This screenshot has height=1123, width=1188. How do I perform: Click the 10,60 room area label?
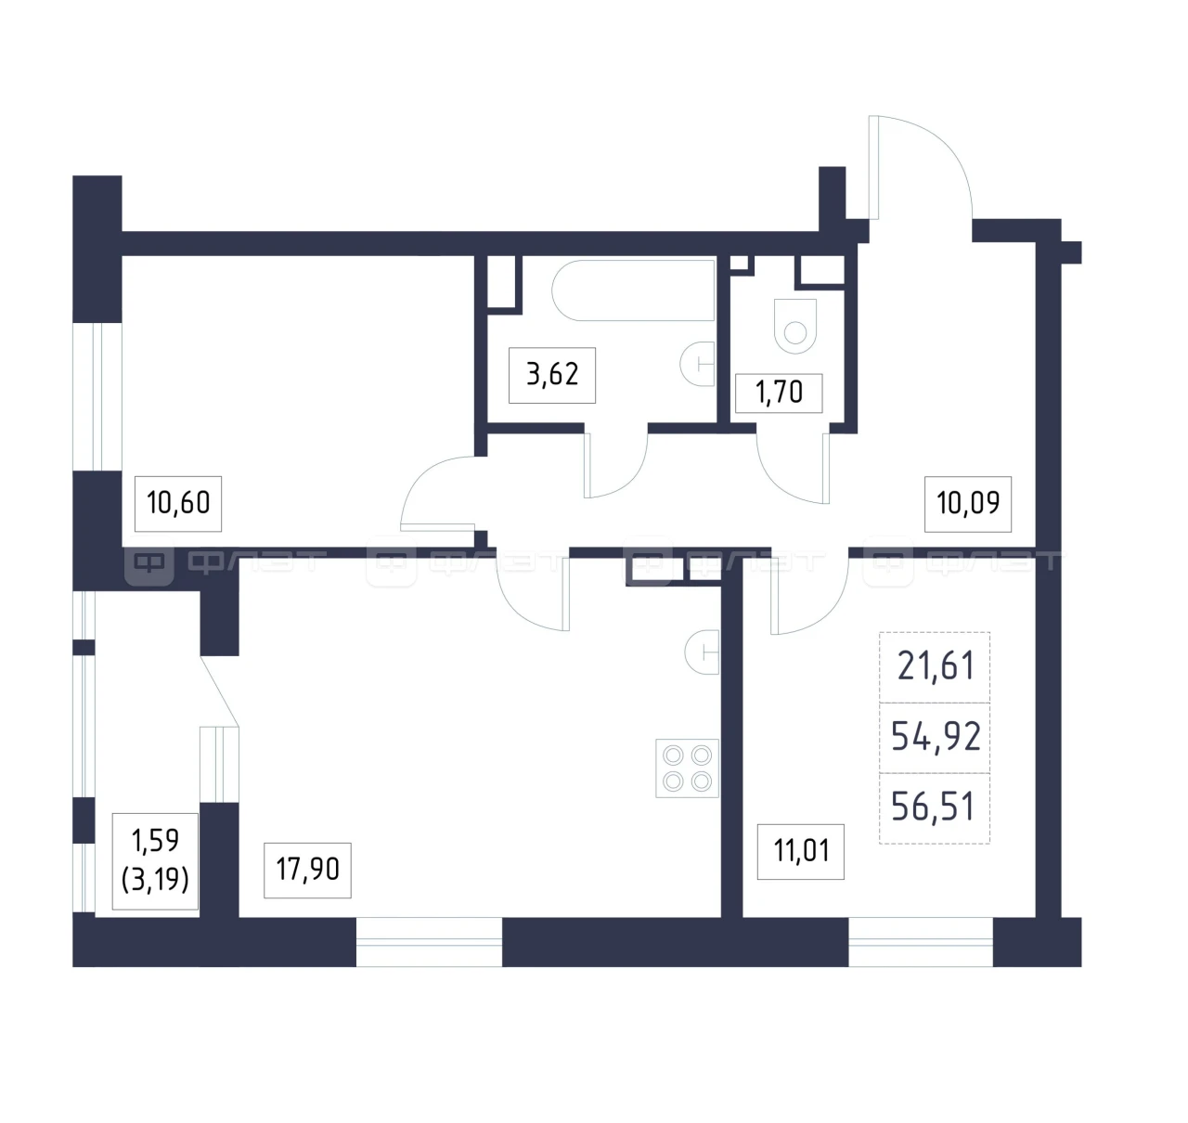tap(177, 503)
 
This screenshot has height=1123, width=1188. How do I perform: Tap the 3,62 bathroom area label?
tap(551, 375)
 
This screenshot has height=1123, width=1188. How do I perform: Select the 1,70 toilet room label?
tap(779, 393)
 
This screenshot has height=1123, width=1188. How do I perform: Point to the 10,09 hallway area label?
tap(967, 503)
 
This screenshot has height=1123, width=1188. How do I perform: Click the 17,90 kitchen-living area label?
tap(307, 870)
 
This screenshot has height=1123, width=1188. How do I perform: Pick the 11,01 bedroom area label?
tap(800, 852)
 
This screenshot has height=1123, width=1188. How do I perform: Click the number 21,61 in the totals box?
tap(936, 667)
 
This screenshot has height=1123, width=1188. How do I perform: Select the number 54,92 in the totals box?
tap(936, 738)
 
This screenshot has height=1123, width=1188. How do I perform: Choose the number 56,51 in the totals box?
tap(934, 807)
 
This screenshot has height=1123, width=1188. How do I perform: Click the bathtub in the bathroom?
tap(633, 290)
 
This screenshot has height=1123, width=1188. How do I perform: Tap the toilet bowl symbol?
tap(795, 326)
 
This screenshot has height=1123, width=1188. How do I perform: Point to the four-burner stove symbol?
tap(687, 768)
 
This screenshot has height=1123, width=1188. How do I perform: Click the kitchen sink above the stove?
tap(703, 652)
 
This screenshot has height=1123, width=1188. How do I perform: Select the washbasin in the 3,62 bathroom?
tap(698, 364)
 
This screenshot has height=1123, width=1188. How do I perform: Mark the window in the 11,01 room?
tap(921, 942)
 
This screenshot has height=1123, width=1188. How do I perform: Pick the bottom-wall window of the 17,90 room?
tap(429, 942)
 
